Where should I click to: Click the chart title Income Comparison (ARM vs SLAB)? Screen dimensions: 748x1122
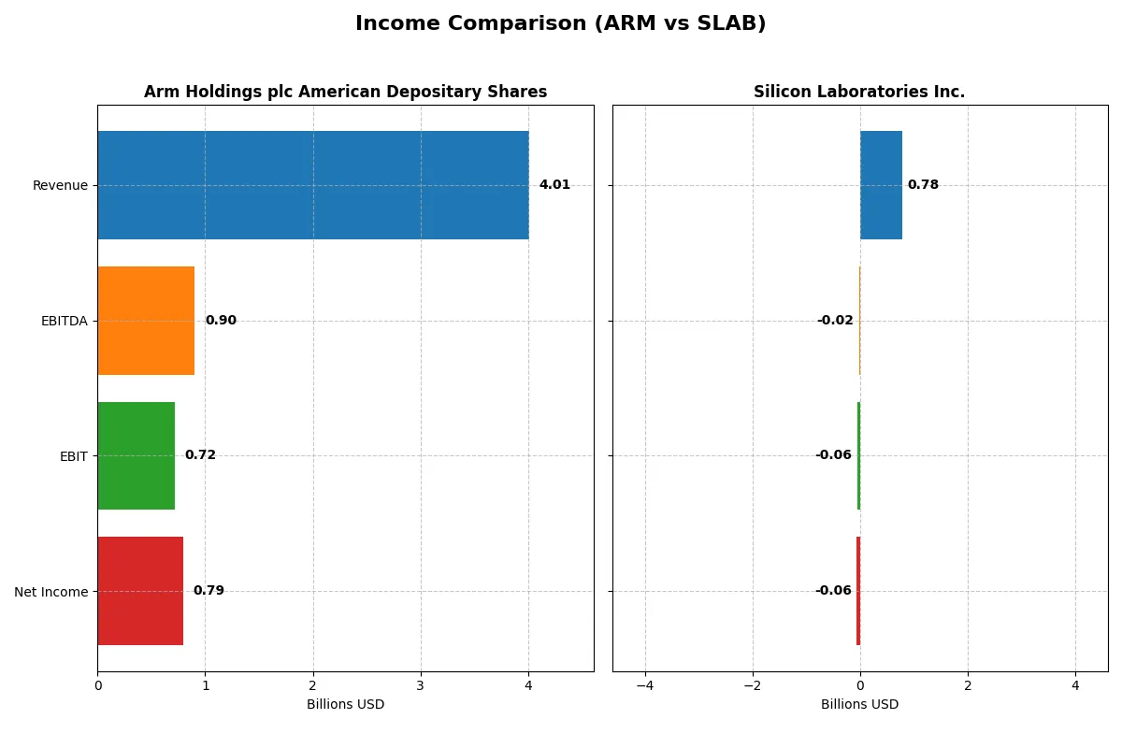(x=560, y=24)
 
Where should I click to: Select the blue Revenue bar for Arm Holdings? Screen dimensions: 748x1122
(x=313, y=185)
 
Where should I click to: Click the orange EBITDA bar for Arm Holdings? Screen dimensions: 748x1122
(x=146, y=321)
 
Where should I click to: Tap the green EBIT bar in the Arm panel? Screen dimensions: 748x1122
(x=137, y=456)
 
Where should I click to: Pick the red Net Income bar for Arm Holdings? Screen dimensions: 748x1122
(x=140, y=591)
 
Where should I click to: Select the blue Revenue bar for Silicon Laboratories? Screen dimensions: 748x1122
(x=881, y=185)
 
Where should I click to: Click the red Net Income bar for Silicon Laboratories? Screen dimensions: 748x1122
(x=858, y=591)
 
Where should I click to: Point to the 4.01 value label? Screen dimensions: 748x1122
(x=554, y=185)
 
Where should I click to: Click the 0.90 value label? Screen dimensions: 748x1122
(x=221, y=321)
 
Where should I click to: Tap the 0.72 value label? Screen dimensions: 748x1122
(x=200, y=455)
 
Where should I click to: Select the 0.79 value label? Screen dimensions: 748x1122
(x=209, y=591)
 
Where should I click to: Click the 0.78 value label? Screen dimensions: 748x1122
(x=923, y=185)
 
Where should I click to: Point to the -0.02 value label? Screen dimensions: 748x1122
(x=835, y=321)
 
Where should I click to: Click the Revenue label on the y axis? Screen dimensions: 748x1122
(x=60, y=185)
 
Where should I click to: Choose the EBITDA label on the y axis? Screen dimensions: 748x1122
(x=65, y=321)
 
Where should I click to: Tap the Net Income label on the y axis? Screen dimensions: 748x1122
(x=51, y=592)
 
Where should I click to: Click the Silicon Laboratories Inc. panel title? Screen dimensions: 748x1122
(x=859, y=92)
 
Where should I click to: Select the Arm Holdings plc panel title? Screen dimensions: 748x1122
(x=345, y=92)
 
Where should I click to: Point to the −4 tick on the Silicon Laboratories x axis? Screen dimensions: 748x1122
(x=644, y=686)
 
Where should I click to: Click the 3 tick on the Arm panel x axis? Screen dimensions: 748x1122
(x=421, y=686)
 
